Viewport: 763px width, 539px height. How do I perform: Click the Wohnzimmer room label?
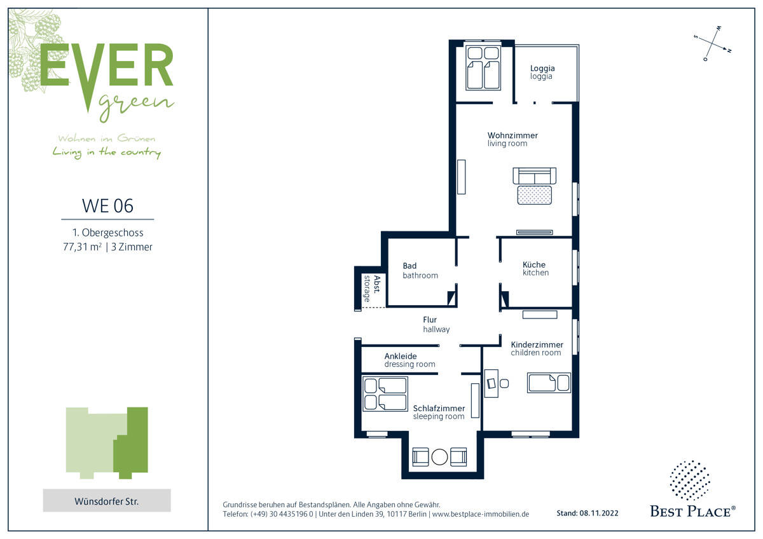coord(512,139)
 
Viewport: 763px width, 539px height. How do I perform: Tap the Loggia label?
coord(542,72)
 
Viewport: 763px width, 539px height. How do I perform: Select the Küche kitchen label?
coord(535,268)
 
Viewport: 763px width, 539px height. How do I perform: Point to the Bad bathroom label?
coord(420,270)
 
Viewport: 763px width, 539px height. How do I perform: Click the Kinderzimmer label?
coord(537,348)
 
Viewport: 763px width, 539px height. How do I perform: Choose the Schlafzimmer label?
coord(439,412)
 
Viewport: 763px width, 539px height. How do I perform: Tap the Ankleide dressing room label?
coord(409,360)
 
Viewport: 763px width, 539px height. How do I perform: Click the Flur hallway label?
coord(436,324)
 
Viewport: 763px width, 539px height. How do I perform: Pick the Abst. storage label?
coord(371,289)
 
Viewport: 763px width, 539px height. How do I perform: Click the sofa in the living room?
coord(534,176)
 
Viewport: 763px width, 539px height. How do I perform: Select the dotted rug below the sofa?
coord(535,195)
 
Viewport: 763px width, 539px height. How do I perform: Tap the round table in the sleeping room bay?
coord(439,456)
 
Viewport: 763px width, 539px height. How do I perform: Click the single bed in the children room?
coord(549,383)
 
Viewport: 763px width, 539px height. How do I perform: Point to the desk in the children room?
coord(491,383)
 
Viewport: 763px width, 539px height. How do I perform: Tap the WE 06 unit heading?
coord(107,206)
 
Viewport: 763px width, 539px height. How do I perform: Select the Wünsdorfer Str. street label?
coord(107,501)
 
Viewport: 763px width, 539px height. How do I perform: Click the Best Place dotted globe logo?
coord(689,481)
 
